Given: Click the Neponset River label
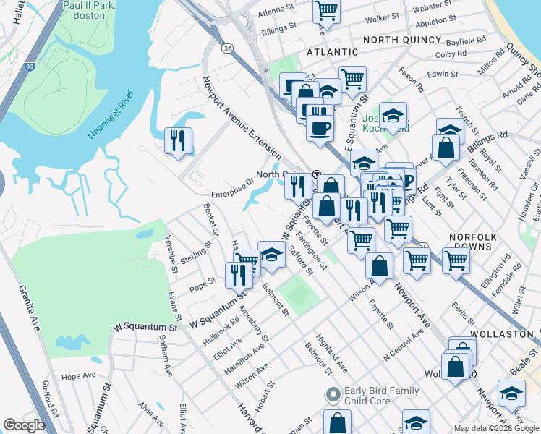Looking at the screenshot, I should coord(111,114).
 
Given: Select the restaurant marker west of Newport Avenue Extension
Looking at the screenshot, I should coord(178,140).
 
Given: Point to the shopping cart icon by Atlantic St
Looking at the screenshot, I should coord(326,11).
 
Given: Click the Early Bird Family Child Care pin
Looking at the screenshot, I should coord(333,395).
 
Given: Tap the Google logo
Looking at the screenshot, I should coord(25,425).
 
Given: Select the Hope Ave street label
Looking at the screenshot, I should coord(79,376).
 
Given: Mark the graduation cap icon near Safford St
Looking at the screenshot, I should coord(271,255).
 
